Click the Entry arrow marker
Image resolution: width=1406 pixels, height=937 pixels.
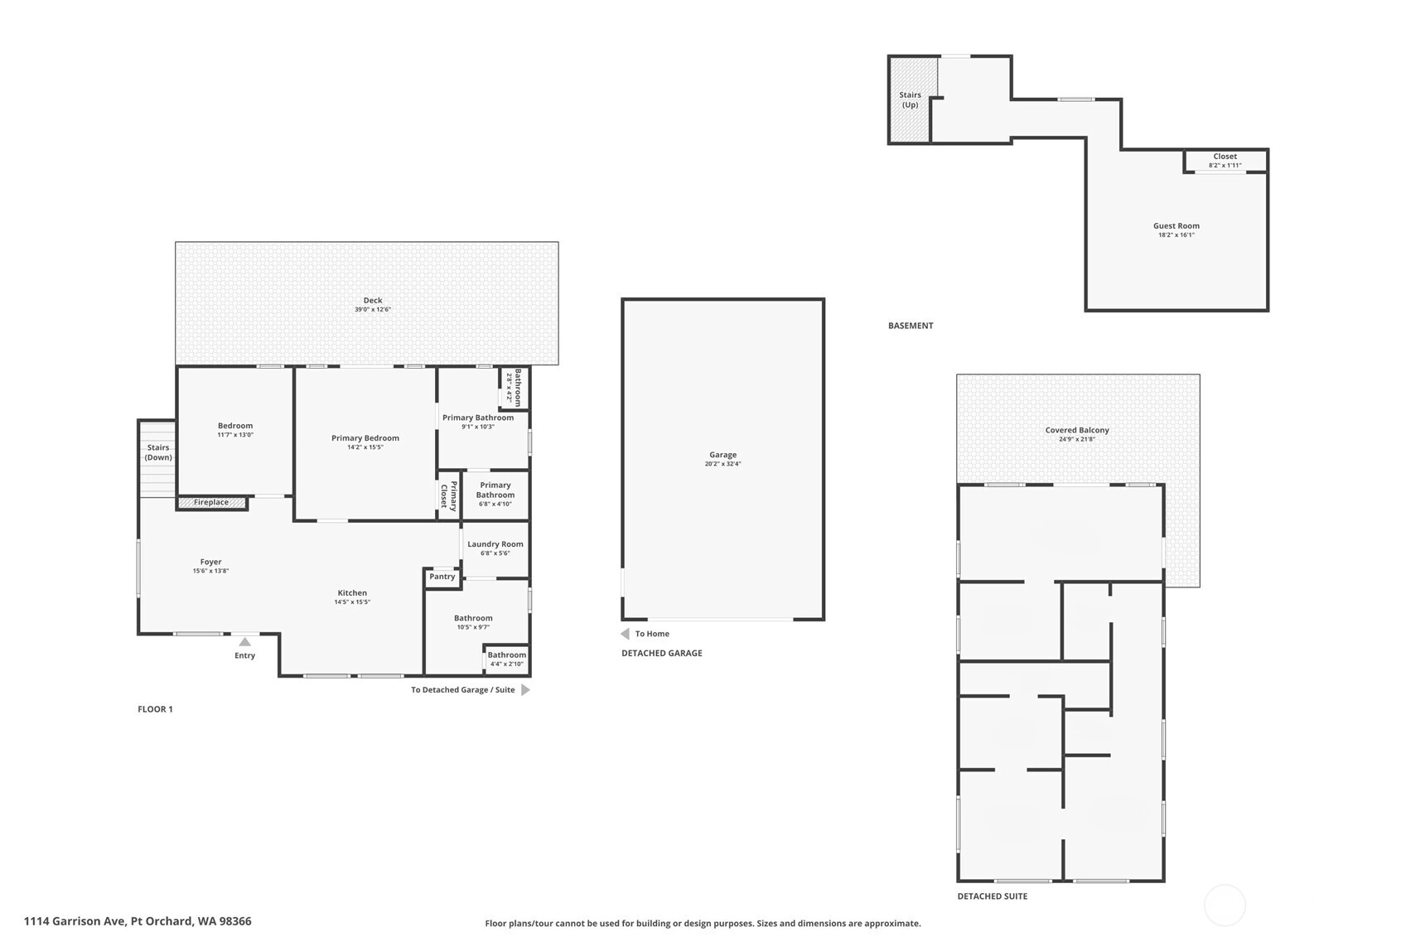pos(244,641)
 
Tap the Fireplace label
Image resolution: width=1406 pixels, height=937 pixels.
pos(211,502)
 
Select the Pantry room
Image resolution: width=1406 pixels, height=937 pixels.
pos(442,577)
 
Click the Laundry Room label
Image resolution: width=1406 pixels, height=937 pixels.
pos(495,544)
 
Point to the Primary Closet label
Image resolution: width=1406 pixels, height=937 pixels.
pos(448,495)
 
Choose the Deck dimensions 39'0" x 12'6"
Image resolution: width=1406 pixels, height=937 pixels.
pos(373,309)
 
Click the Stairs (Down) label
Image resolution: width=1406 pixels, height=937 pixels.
pos(158,452)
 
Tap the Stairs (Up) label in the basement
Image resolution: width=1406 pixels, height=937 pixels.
pos(911,99)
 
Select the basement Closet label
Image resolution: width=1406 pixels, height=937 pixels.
pos(1225,157)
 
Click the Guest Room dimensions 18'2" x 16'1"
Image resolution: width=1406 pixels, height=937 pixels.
pos(1176,234)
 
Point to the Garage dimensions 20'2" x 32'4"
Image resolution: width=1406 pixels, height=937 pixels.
pos(723,464)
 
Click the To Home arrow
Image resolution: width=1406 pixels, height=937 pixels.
pos(626,633)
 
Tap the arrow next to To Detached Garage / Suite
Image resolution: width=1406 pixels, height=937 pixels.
pos(525,690)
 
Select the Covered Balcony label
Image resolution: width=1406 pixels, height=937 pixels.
pos(1077,430)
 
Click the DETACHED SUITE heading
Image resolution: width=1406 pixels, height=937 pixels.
pos(993,896)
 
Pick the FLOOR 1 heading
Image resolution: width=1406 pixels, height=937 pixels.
pos(155,709)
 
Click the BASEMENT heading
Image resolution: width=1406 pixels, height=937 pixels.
pos(911,326)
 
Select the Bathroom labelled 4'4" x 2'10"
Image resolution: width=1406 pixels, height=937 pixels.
pos(506,659)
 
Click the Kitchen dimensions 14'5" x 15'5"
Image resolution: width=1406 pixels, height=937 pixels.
pos(352,601)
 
